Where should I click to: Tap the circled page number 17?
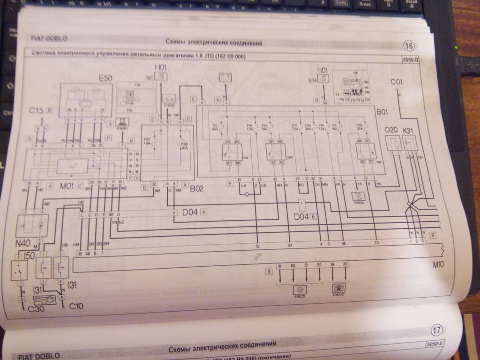[437, 330]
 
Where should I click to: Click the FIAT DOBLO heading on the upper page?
[49, 38]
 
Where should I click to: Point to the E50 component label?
[105, 78]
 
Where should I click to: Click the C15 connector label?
[37, 111]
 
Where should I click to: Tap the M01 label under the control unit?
[67, 186]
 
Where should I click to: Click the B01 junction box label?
[384, 113]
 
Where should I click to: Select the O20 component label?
[391, 129]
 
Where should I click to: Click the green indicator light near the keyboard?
[456, 48]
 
